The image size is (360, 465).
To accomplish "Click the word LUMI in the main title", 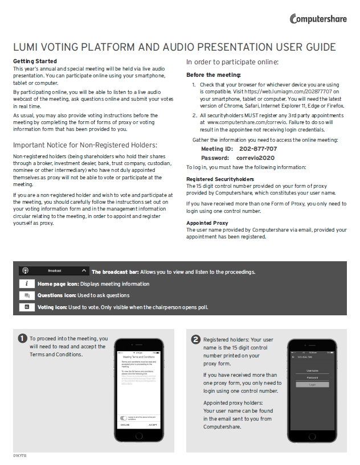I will pos(26,47).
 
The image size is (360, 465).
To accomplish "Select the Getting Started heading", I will pos(35,61).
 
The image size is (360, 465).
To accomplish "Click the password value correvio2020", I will pos(255,158).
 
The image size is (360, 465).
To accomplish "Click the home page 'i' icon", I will pos(27,283).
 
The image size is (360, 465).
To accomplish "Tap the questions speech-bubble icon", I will pos(27,295).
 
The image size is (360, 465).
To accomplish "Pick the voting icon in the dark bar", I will pos(27,307).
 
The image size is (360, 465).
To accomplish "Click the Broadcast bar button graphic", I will pos(54,271).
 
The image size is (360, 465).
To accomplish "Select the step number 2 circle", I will pos(196,339).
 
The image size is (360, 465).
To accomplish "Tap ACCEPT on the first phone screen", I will pos(153,425).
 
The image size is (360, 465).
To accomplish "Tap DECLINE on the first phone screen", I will pos(125,425).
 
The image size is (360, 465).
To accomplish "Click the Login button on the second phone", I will pos(312,385).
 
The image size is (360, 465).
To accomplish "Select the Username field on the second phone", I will pos(312,371).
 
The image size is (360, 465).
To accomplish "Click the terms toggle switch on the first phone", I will pos(124,417).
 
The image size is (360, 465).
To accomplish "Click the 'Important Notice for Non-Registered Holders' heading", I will pos(85,145).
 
